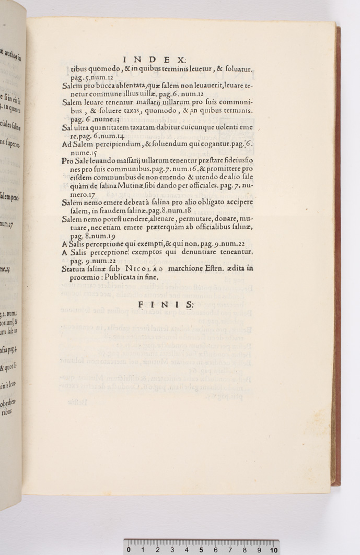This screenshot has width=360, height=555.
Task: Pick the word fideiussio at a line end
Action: [x=233, y=160]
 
